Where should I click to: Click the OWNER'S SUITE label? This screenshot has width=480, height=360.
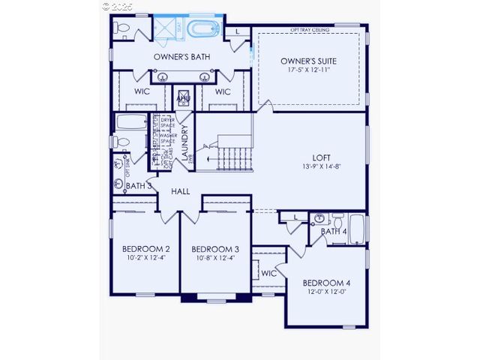[308, 60]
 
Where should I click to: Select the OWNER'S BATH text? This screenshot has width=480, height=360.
[181, 57]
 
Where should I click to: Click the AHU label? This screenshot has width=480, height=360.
[183, 98]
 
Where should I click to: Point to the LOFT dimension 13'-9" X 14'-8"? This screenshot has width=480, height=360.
[322, 166]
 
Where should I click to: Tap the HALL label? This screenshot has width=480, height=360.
[180, 191]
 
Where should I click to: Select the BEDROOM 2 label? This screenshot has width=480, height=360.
[145, 249]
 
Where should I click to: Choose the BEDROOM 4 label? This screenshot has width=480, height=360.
[326, 283]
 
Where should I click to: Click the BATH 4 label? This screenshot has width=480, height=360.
[334, 232]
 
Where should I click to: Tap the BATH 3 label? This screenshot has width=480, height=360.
[138, 185]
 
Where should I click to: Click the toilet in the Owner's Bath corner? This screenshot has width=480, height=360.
[123, 28]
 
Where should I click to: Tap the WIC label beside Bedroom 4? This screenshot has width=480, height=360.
[268, 273]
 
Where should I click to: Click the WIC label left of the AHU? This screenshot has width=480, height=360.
[142, 91]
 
